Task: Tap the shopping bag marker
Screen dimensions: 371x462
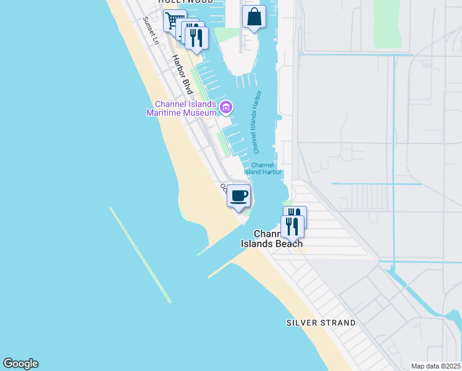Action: coord(254,17)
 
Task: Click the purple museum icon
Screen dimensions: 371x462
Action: coord(226,108)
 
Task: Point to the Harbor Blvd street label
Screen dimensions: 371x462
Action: coord(183,75)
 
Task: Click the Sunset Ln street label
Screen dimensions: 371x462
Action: coord(151,30)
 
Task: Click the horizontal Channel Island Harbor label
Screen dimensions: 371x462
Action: coord(263,168)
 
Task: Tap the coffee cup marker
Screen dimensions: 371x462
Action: coord(239,196)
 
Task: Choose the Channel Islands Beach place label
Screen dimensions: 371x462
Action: coord(271,239)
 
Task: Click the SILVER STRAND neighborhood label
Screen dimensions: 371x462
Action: coord(321,323)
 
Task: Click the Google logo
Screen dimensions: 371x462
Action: coord(20,364)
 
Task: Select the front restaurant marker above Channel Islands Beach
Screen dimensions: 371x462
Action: coord(292,226)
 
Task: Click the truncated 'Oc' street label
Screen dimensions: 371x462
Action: coord(224,187)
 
